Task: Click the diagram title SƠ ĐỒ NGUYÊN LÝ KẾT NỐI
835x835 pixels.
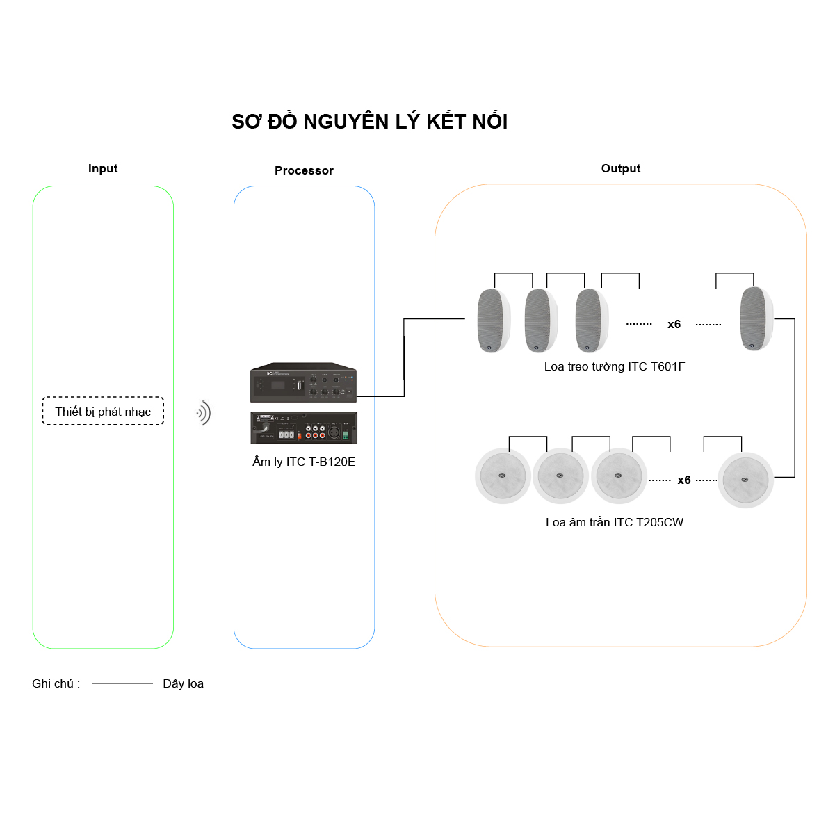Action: [369, 122]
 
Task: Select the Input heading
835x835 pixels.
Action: [103, 168]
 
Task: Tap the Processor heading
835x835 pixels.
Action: [304, 170]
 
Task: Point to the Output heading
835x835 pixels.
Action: [621, 168]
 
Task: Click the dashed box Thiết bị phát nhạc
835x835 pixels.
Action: [103, 411]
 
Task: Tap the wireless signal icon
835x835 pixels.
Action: [204, 413]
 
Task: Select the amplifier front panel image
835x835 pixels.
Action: [303, 383]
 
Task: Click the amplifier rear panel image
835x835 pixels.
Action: [304, 428]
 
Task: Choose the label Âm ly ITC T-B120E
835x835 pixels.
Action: [304, 462]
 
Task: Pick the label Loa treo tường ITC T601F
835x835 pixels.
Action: [615, 366]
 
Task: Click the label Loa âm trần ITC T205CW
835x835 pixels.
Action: [615, 522]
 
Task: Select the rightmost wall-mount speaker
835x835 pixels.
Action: [756, 318]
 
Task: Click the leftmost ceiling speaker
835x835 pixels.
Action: [503, 477]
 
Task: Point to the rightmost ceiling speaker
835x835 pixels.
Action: [745, 480]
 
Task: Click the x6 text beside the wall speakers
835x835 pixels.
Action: [674, 324]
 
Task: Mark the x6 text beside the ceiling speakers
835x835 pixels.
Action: [684, 480]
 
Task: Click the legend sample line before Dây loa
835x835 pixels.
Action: [122, 683]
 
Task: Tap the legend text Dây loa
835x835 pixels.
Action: [183, 683]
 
